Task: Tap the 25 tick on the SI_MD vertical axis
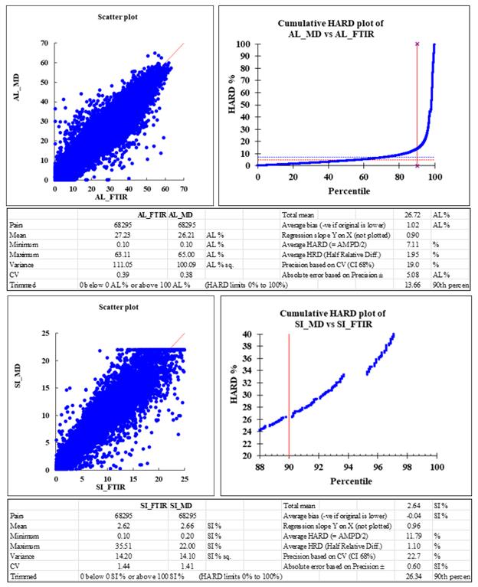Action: point(47,334)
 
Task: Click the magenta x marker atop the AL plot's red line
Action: point(417,44)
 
